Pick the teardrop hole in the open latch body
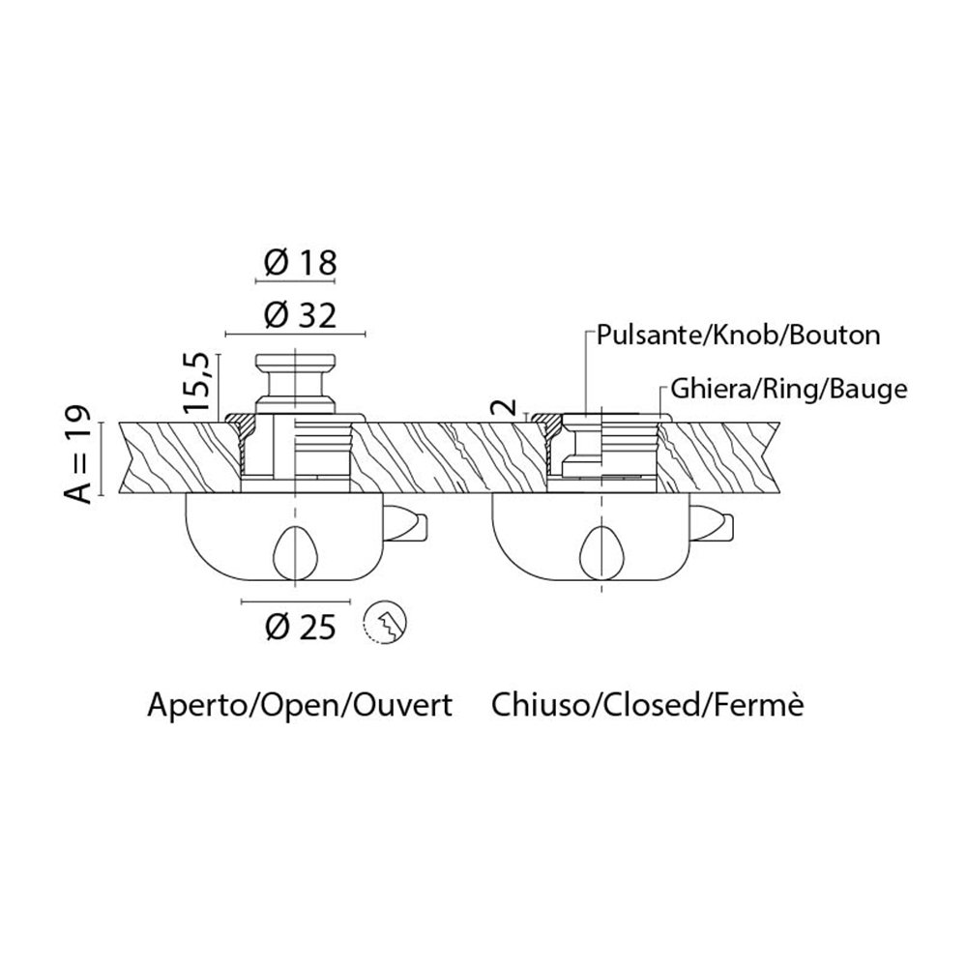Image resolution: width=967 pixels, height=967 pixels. pos(295,553)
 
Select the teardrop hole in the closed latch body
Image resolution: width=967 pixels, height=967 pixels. pos(602,553)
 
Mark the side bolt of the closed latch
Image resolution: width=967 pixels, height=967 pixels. pos(717,525)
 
